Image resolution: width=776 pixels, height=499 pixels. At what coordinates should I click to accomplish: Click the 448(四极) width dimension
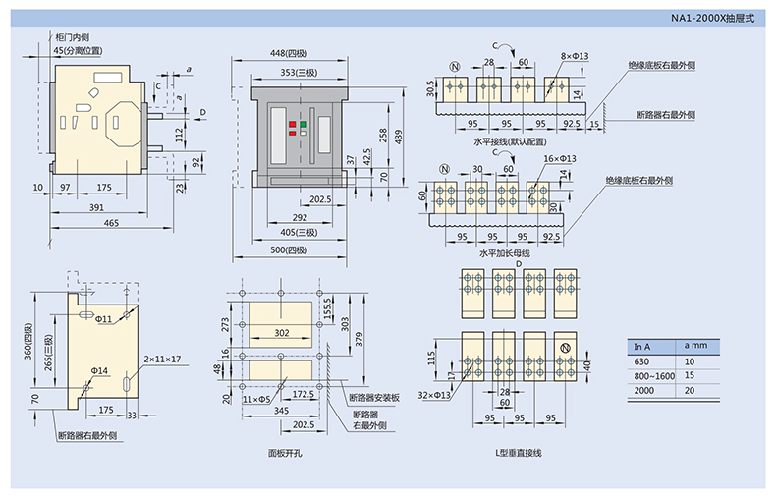click(x=297, y=53)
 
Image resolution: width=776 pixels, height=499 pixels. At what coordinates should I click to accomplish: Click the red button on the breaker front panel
click(x=292, y=125)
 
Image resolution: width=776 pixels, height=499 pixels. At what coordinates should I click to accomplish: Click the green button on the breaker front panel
click(x=305, y=125)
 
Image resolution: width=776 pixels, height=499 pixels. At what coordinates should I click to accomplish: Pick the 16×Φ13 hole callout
click(x=559, y=158)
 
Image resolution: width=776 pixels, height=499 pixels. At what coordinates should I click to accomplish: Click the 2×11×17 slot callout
click(x=162, y=359)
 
